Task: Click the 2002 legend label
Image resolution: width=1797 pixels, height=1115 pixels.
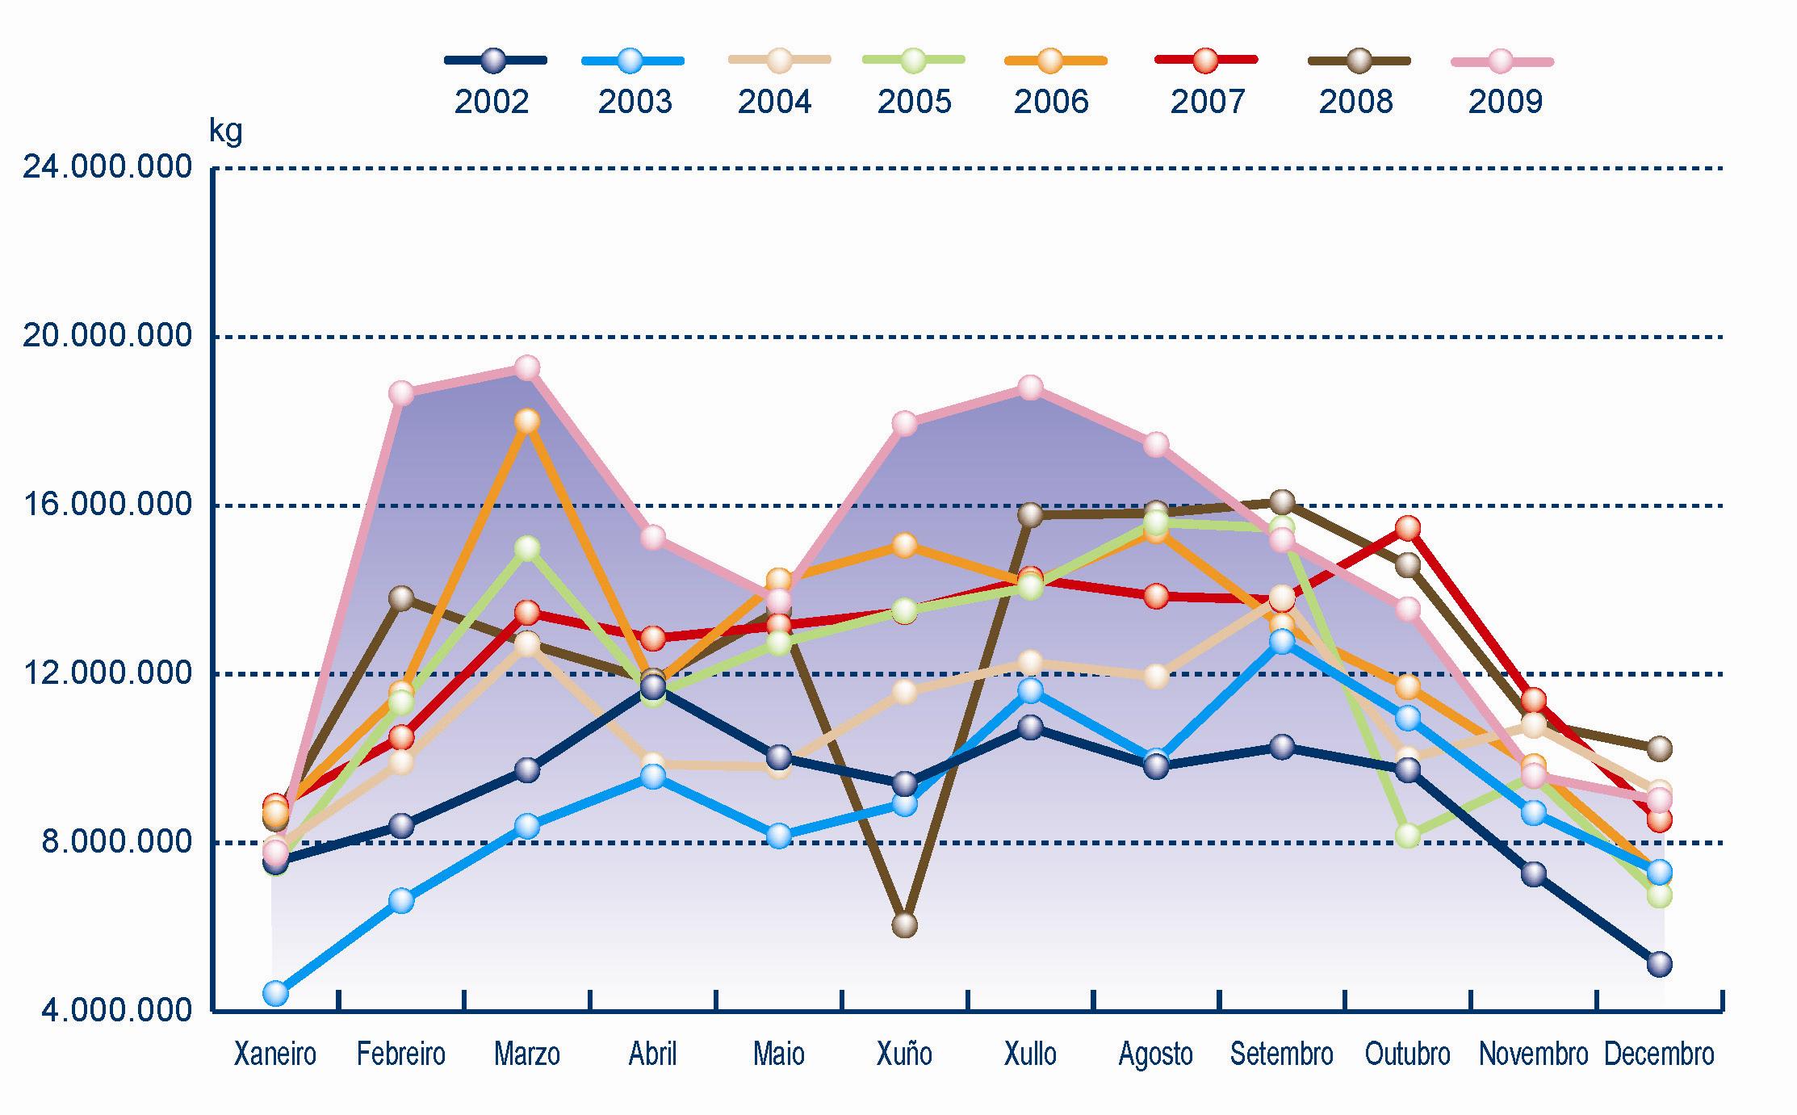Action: [x=492, y=103]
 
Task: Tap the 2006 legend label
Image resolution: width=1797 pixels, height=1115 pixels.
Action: [x=1051, y=103]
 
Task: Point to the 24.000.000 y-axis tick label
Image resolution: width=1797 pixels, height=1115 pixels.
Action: [x=107, y=168]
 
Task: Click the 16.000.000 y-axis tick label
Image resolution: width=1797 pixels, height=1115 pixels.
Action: [x=107, y=505]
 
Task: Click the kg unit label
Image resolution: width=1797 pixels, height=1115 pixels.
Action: [x=225, y=131]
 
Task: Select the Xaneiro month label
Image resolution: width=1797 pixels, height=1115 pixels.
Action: [x=275, y=1054]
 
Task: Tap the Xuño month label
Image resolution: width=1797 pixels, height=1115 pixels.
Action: [x=904, y=1054]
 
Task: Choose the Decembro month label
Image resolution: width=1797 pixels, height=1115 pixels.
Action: [x=1659, y=1054]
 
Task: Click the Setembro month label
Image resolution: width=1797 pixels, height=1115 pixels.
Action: [x=1282, y=1054]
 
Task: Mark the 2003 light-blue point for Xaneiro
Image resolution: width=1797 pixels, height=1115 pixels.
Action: [x=275, y=992]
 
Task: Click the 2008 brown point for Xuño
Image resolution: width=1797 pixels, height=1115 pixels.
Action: [x=904, y=924]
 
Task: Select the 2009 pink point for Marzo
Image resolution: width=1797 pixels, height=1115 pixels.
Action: [x=527, y=368]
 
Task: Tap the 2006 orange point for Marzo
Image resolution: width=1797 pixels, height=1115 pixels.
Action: [x=527, y=421]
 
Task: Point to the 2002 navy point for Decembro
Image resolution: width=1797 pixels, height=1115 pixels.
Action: [x=1659, y=964]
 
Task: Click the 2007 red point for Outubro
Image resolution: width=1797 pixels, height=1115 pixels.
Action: [x=1408, y=529]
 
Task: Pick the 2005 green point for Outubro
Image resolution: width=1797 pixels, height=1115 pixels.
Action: [x=1408, y=835]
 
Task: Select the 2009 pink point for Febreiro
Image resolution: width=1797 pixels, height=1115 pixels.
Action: [x=401, y=393]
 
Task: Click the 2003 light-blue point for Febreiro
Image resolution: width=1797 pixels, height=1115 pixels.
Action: [x=401, y=900]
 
